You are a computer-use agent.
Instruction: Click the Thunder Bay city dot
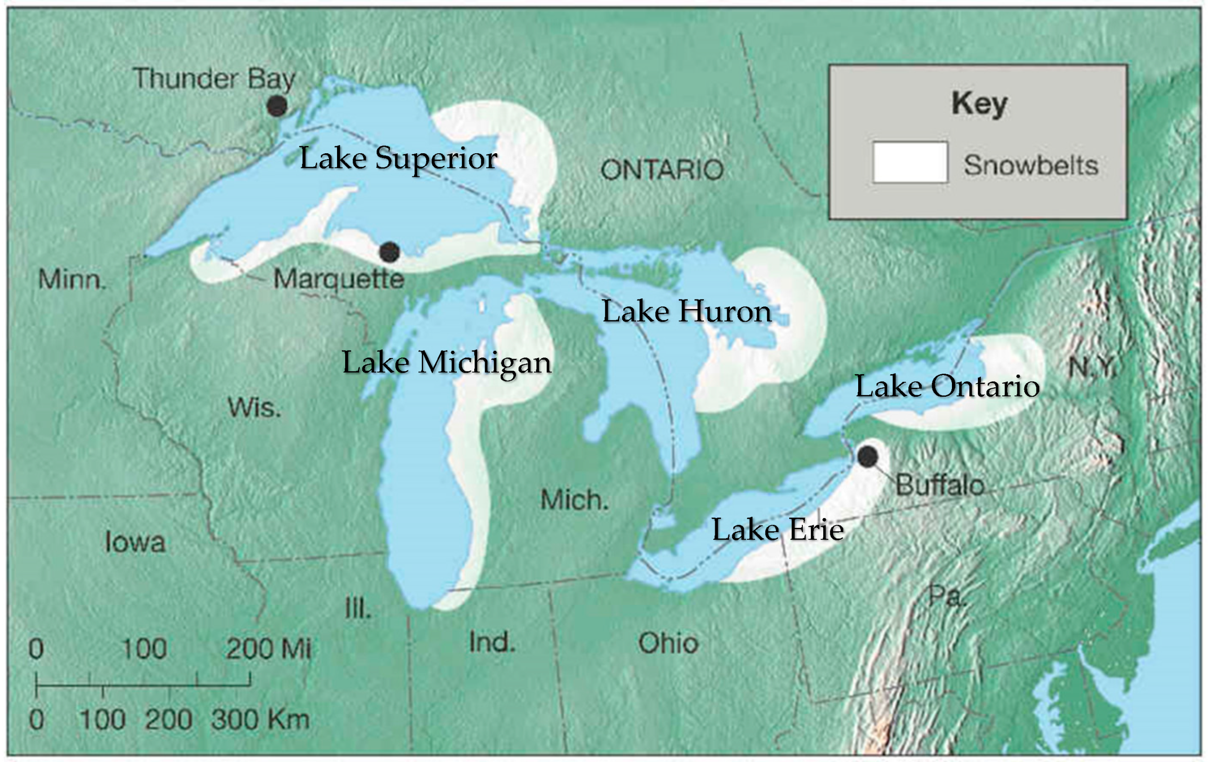(277, 106)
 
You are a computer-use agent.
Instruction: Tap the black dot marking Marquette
(389, 252)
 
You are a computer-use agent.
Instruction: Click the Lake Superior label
(398, 158)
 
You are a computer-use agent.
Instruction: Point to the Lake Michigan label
(446, 363)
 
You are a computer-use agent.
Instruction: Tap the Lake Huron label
(686, 312)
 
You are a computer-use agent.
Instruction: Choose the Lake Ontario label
(947, 387)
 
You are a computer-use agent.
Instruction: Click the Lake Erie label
(778, 530)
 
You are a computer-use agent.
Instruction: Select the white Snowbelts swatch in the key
(910, 162)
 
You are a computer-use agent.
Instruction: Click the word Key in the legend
(979, 104)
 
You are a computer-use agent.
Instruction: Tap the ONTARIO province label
(662, 170)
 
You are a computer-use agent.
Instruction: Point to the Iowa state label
(135, 543)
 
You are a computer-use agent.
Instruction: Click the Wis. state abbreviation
(254, 408)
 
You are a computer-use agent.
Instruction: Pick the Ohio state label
(668, 643)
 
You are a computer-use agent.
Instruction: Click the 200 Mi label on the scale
(268, 648)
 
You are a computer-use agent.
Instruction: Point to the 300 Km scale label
(260, 720)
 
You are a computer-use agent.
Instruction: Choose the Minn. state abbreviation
(72, 280)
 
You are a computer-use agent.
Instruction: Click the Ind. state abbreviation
(492, 642)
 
